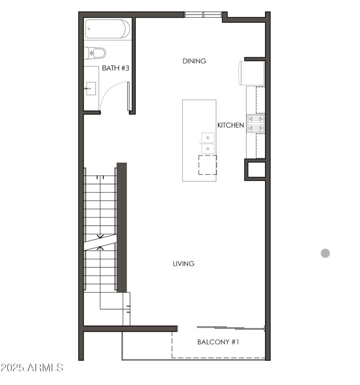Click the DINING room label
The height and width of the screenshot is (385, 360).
point(194,61)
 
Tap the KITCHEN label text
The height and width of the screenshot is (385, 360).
point(230,125)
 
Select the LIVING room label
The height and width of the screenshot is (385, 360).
point(184,263)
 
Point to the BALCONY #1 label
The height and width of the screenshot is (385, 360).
point(218,342)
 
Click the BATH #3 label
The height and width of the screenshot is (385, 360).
point(116,68)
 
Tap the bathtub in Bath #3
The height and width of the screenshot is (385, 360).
point(108,29)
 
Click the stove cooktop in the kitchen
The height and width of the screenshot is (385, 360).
point(256,123)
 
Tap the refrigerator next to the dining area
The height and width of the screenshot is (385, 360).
point(252,72)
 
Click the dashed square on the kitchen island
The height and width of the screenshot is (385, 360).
point(207,165)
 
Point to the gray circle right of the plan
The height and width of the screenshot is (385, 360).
point(325,253)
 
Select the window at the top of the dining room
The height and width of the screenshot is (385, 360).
point(203,14)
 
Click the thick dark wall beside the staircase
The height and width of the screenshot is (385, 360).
point(121,227)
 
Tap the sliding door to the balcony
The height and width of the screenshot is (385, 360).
point(230,327)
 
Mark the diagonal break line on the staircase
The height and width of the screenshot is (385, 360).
point(100,242)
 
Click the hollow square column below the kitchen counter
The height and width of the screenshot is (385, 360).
point(255,169)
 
